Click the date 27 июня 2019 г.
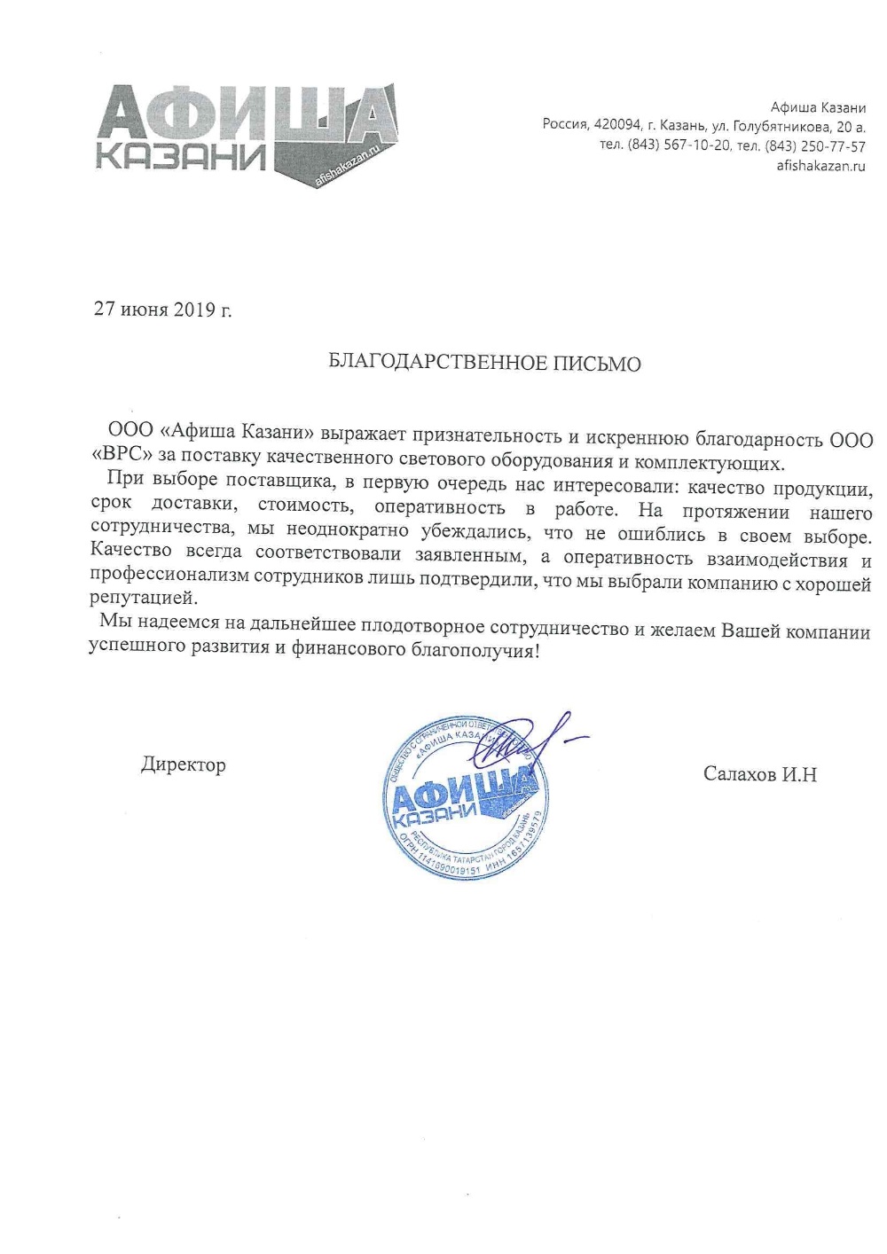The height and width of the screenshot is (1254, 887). coord(163,310)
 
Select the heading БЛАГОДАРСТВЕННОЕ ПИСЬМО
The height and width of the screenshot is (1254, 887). coord(484,364)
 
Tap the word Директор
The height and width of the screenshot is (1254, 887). coord(184,764)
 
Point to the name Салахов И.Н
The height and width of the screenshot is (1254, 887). coord(760,774)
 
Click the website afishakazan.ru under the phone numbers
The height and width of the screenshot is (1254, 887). coord(820,165)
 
